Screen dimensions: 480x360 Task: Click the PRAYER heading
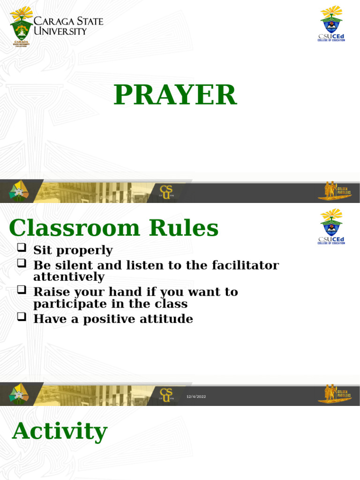(175, 95)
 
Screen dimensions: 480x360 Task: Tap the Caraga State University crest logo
(22, 26)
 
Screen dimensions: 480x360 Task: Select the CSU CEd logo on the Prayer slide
(331, 23)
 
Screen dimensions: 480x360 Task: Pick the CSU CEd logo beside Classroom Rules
(331, 226)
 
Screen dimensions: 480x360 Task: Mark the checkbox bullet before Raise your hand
(21, 290)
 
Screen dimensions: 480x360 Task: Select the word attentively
(69, 277)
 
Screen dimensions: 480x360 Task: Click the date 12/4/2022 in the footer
(196, 397)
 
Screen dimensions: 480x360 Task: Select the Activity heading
(60, 431)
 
